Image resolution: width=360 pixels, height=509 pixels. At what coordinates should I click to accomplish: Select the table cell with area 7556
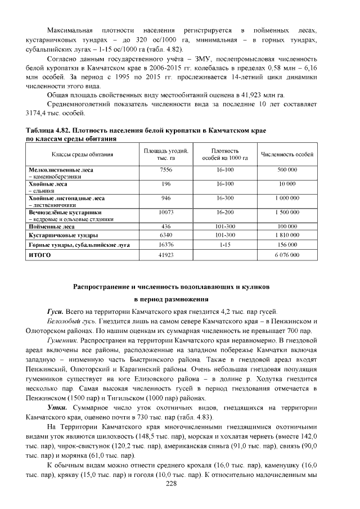(165, 169)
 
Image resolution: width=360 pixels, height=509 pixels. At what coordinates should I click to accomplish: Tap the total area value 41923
(165, 255)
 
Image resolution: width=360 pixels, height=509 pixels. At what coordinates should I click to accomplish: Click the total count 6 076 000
(287, 255)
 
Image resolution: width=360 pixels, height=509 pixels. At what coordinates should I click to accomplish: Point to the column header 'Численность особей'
(287, 154)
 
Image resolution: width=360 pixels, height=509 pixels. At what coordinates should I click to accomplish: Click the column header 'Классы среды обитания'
(83, 154)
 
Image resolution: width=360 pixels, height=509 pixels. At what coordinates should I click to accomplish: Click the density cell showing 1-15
(225, 245)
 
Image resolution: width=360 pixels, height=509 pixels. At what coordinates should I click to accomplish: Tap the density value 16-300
(225, 198)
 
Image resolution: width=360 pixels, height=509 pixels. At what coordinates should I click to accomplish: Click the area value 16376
(165, 245)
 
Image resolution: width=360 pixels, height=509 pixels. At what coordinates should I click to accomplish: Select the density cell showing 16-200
(225, 213)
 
